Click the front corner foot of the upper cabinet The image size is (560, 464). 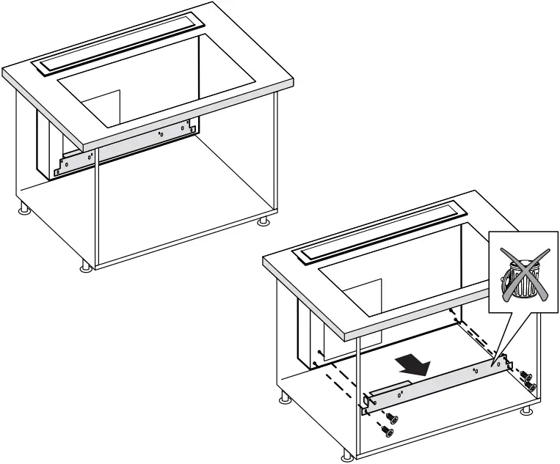point(87,265)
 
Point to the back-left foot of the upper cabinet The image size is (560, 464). point(24,211)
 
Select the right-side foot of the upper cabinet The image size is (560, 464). point(262,220)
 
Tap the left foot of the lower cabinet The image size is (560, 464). point(284,400)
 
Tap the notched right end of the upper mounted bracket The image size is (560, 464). point(192,127)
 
